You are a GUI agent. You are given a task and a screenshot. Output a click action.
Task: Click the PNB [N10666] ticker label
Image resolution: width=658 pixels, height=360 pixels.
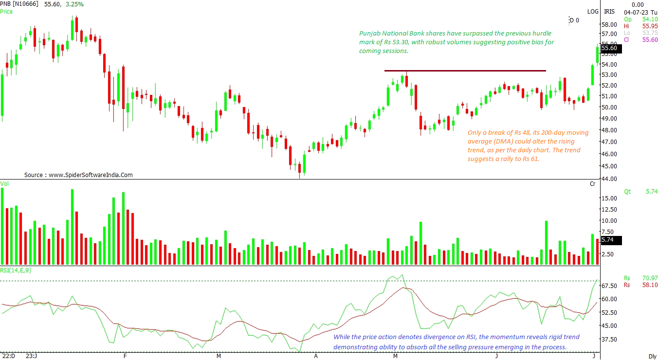point(21,4)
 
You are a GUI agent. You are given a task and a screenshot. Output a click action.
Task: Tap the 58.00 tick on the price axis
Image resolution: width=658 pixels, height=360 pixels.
point(609,25)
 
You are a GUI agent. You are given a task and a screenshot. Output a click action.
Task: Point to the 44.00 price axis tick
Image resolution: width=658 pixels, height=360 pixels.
point(609,179)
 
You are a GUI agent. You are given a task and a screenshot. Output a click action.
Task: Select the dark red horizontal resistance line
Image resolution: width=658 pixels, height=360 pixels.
point(465,71)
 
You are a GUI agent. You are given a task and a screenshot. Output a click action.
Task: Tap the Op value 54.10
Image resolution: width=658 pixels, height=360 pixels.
point(650,19)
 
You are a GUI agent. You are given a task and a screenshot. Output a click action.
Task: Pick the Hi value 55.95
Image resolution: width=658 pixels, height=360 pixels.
point(650,26)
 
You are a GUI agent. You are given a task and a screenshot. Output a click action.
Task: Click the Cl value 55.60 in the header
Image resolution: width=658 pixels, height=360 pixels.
point(650,39)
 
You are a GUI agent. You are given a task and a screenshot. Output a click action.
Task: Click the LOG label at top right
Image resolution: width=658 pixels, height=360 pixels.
point(593,11)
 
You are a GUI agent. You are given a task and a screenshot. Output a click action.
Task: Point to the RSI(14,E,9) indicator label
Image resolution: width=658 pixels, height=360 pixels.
point(16,270)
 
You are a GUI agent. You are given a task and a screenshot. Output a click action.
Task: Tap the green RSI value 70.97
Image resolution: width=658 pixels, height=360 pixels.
point(650,278)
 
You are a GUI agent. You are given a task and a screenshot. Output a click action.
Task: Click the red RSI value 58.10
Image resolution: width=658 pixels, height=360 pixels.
point(650,285)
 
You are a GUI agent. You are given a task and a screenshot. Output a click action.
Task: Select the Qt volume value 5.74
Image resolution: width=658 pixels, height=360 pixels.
point(651,192)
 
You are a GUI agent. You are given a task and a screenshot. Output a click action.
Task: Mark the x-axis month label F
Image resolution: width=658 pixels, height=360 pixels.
point(125,356)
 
